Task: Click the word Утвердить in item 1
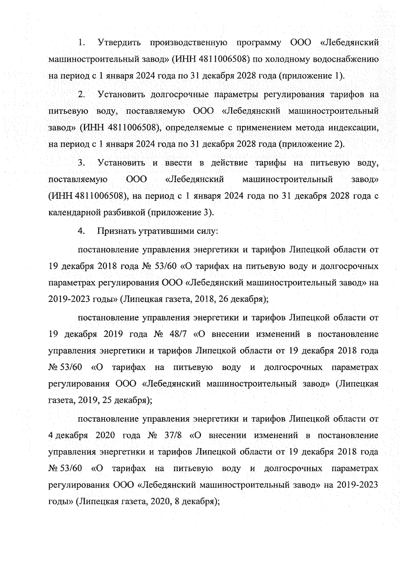tap(119, 43)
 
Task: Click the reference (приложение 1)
tap(311, 76)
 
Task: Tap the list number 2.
tap(81, 94)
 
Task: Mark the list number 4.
tap(81, 231)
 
